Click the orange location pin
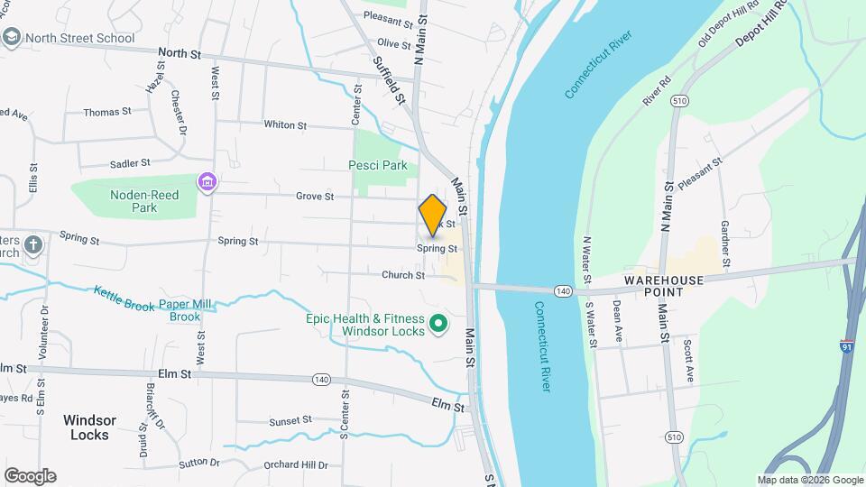click(433, 215)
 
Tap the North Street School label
click(79, 38)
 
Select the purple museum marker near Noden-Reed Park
click(208, 183)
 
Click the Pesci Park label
click(378, 165)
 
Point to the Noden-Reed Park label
click(144, 201)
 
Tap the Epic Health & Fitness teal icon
click(438, 322)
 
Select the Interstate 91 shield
click(846, 346)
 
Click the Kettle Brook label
click(124, 299)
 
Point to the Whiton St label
click(285, 125)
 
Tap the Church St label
click(402, 276)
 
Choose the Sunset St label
click(290, 420)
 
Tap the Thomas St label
click(107, 112)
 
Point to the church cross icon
click(32, 244)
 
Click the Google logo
click(30, 475)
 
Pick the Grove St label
click(315, 197)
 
